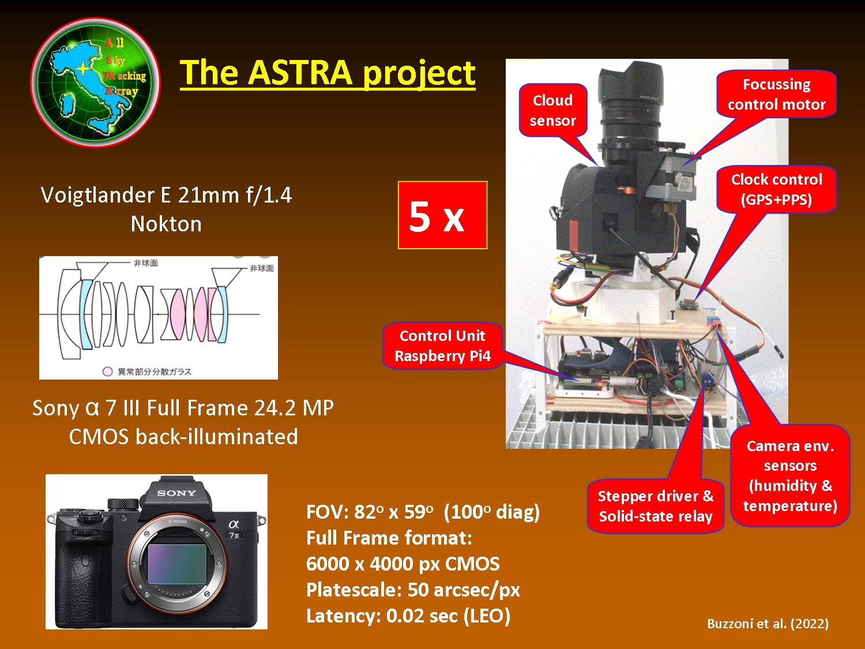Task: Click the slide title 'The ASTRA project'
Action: tap(328, 73)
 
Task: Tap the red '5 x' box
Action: tap(442, 215)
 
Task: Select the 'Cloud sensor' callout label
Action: tap(553, 110)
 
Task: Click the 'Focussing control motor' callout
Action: tap(776, 94)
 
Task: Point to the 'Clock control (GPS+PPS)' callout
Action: tap(776, 189)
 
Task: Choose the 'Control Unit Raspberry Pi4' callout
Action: tap(442, 346)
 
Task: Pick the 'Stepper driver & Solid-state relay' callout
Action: tap(656, 506)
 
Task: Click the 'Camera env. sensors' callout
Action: tap(790, 475)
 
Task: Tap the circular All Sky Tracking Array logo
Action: tap(95, 82)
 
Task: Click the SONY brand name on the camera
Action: tap(176, 493)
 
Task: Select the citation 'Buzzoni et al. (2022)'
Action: tap(768, 624)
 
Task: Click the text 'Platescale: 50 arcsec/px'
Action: tap(413, 590)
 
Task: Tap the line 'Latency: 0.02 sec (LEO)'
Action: tap(408, 616)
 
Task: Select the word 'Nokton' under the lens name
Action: tap(166, 224)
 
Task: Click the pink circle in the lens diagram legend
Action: tap(107, 372)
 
